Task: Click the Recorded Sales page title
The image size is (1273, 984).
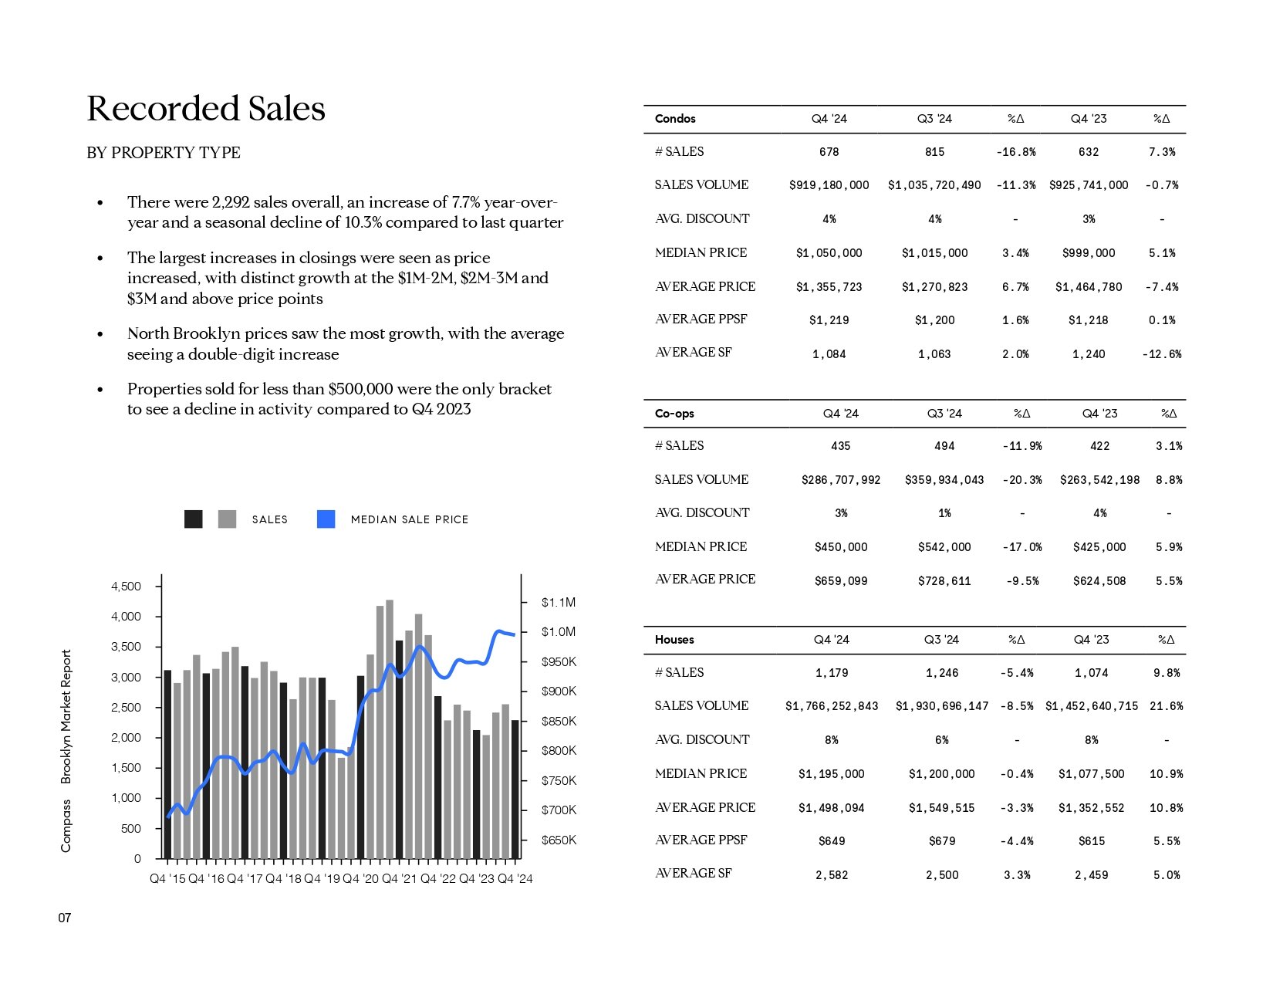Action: pos(206,108)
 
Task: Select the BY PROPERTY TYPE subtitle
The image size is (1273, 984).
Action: pos(164,152)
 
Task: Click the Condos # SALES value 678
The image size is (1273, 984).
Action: pos(829,152)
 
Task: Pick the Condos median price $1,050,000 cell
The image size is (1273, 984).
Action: pos(829,253)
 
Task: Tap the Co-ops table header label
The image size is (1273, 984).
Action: pos(674,413)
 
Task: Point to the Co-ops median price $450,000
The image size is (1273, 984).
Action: pos(841,547)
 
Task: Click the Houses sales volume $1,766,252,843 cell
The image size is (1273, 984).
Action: pos(831,706)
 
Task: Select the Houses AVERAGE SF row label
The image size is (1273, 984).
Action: pos(693,873)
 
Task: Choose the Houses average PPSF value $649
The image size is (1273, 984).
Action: pos(831,841)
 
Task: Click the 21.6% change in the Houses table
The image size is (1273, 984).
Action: pos(1166,706)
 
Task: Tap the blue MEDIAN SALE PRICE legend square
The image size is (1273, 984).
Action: pos(326,519)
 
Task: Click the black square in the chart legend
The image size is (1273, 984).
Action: pos(194,519)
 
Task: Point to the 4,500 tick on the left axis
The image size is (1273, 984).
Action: pos(126,586)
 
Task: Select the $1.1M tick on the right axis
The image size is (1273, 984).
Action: pos(559,603)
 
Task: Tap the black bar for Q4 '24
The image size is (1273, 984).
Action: pos(515,790)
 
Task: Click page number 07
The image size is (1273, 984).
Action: pos(65,918)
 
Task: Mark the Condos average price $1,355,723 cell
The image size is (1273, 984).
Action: pos(829,287)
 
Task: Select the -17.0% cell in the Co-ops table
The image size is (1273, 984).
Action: pos(1021,547)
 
